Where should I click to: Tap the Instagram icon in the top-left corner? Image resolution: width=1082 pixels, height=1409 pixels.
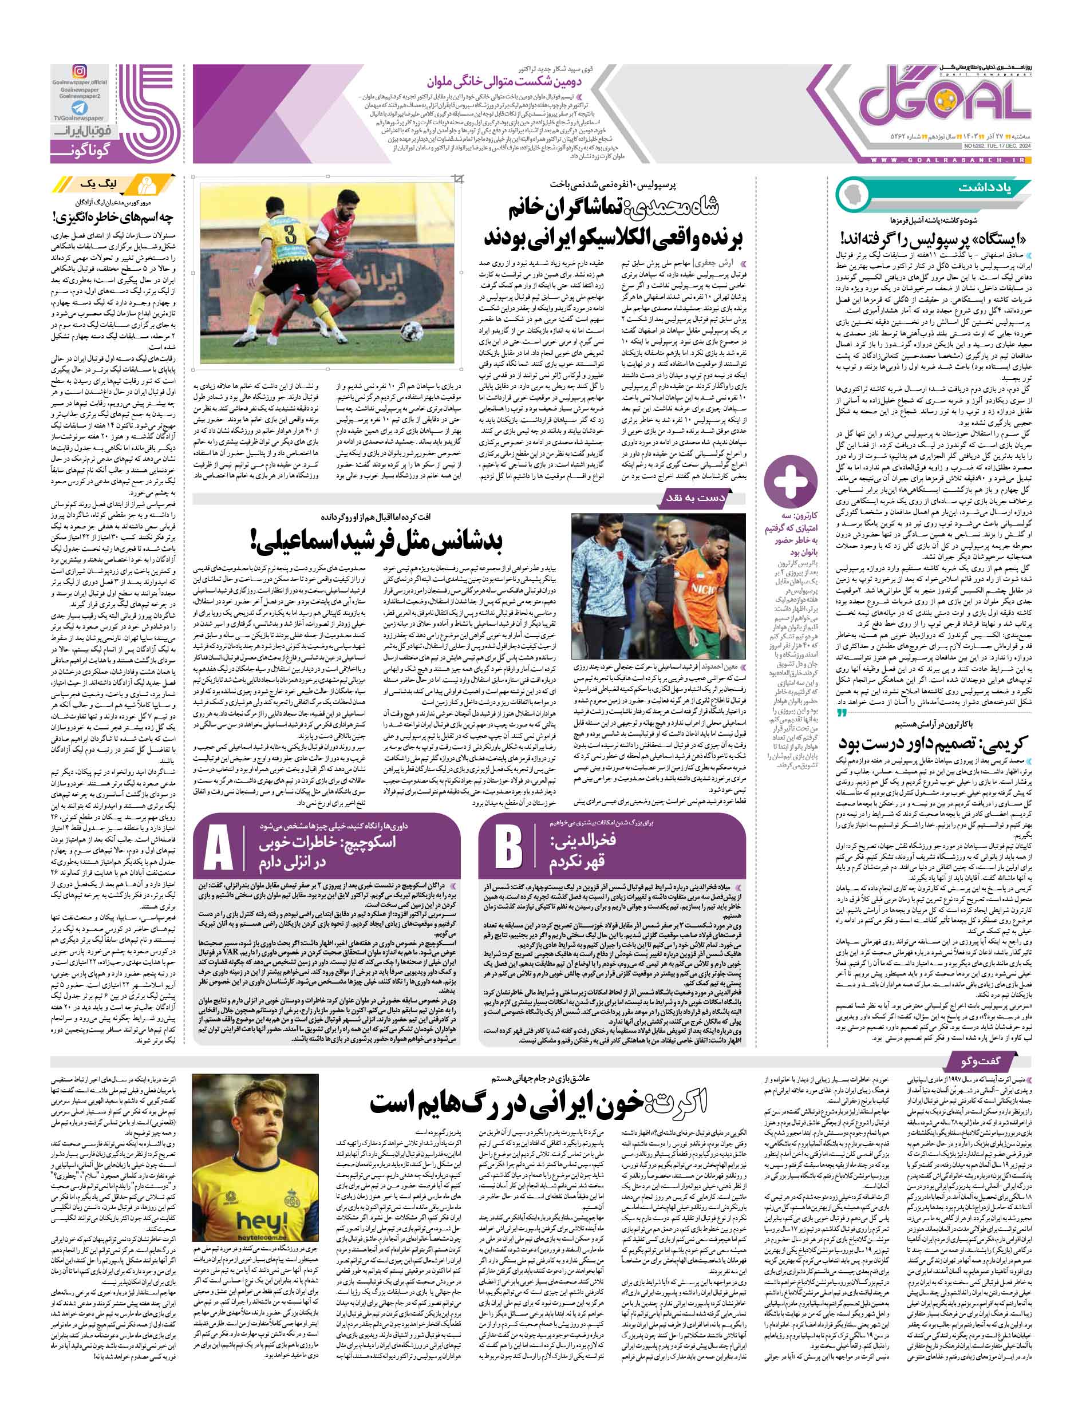[x=79, y=71]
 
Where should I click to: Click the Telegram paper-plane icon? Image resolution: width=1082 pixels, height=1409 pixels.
[x=79, y=107]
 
